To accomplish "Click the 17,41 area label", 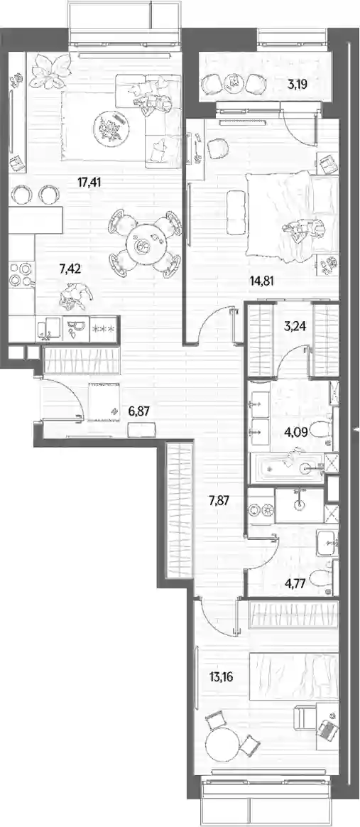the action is (89, 183).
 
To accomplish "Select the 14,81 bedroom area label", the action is (263, 280).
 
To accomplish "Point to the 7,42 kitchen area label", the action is (70, 269).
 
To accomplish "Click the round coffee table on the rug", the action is (111, 126).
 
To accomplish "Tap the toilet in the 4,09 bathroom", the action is (320, 431).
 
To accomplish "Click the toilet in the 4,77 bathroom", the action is (321, 578).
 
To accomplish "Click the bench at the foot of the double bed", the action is (236, 212).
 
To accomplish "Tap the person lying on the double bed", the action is (302, 229).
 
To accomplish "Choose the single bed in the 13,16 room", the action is (293, 677).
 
